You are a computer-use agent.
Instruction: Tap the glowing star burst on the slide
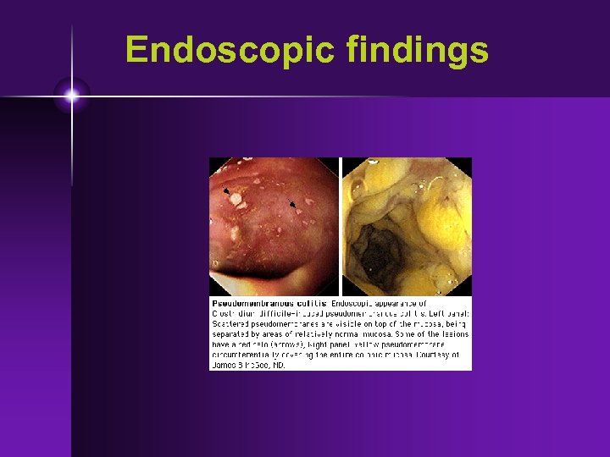tap(72, 96)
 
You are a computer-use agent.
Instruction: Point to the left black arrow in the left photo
tap(226, 192)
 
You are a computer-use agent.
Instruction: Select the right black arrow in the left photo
tap(292, 204)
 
